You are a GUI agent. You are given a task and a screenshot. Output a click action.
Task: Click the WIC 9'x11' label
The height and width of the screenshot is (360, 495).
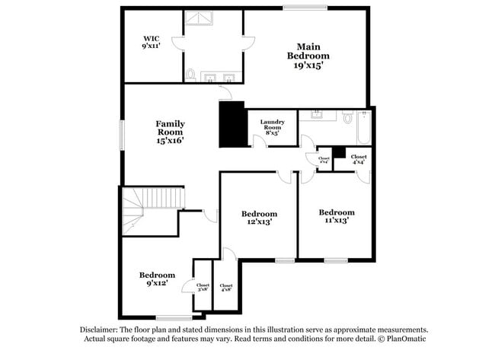[x=149, y=42]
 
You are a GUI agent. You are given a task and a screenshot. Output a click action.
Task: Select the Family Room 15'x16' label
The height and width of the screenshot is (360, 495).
[x=171, y=132]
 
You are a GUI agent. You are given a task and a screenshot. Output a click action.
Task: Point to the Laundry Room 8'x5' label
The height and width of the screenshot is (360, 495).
[x=272, y=127]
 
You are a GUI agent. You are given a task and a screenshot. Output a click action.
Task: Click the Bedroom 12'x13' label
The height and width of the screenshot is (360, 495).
[x=259, y=218]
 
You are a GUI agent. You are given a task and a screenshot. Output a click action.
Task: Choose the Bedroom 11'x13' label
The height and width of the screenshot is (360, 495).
[x=336, y=216]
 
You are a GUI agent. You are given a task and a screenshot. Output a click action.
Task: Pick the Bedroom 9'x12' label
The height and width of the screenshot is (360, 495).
[x=157, y=279]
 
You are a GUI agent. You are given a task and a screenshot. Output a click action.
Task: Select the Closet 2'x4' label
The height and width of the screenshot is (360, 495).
[x=324, y=160]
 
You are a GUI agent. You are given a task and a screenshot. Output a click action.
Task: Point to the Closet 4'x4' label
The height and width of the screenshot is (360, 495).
[x=359, y=160]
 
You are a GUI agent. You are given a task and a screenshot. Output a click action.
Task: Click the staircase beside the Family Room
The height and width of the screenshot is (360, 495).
[x=145, y=210]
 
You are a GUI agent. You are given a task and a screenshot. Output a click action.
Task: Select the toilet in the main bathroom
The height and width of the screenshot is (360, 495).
[x=190, y=75]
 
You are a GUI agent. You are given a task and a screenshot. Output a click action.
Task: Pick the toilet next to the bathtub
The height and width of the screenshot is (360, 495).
[x=347, y=119]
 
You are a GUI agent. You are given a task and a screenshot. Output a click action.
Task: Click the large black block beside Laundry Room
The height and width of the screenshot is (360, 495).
[x=232, y=124]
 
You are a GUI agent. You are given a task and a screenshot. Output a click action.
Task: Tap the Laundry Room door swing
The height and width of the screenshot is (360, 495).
[x=260, y=142]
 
